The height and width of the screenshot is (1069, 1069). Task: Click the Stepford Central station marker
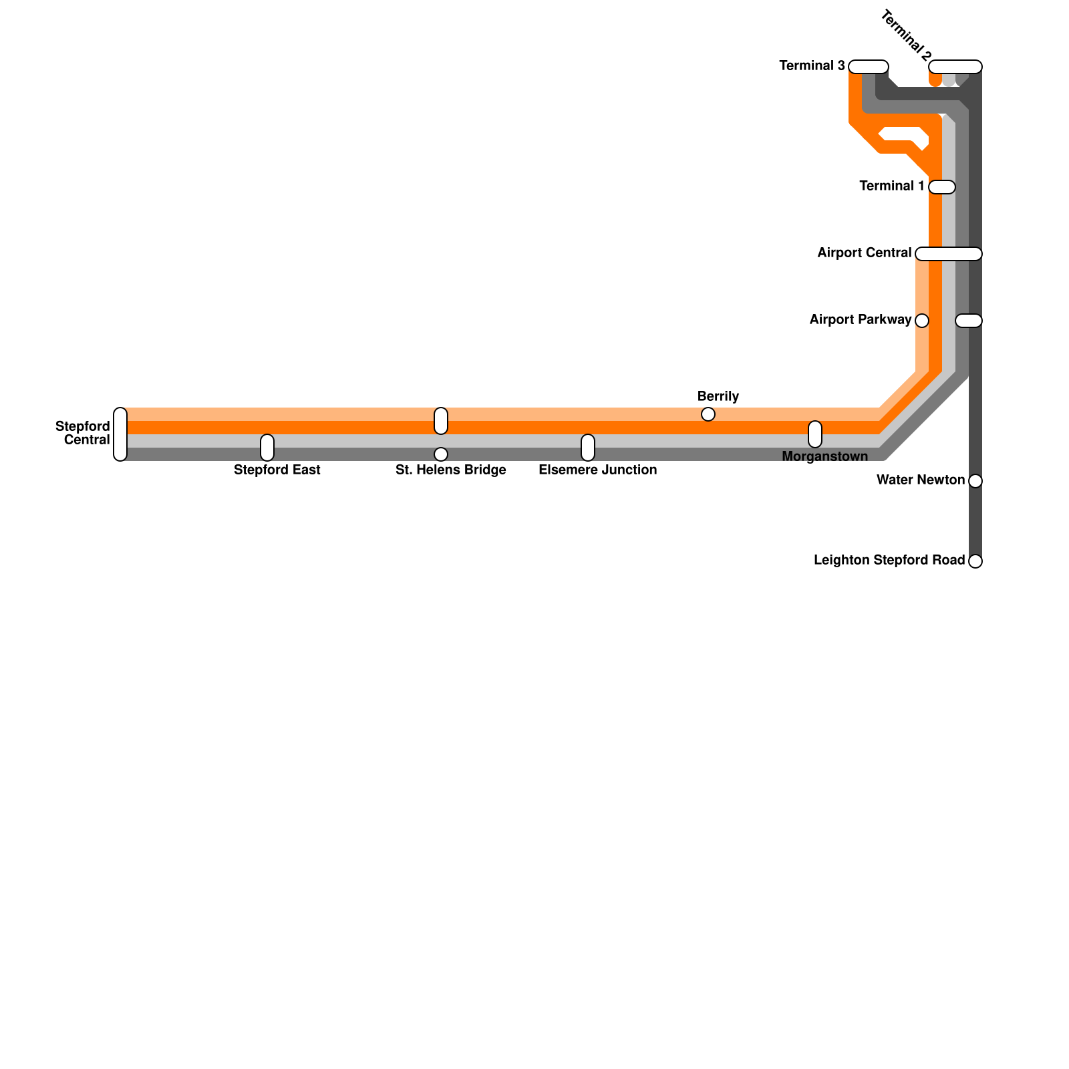coord(120,434)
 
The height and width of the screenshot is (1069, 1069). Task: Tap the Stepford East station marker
coord(267,448)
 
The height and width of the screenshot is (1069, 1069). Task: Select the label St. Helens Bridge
coord(450,470)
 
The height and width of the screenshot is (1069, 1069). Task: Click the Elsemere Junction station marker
coord(588,448)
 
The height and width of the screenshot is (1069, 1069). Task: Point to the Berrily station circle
coord(708,414)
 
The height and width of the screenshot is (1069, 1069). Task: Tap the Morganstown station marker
coord(815,434)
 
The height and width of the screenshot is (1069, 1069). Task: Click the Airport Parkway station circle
coord(922,321)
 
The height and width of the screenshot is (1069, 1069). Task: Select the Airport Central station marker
coord(949,254)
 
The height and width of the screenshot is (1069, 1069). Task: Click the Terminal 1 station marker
coord(942,187)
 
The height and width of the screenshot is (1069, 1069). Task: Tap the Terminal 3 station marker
coord(869,67)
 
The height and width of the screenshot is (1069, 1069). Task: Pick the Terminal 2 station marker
coord(955,67)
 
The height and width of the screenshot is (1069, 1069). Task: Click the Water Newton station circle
coord(975,481)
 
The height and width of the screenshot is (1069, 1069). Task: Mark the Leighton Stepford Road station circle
coord(975,561)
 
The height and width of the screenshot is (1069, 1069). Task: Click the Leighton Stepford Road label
coord(889,561)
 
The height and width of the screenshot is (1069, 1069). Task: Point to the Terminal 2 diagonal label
coord(907,35)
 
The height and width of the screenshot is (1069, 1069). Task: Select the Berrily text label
coord(718,397)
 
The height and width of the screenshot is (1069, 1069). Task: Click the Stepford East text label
coord(277,470)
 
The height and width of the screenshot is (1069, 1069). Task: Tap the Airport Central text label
coord(864,253)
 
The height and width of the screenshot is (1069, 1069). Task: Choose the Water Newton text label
coord(921,480)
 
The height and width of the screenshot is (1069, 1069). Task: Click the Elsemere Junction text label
coord(597,470)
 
